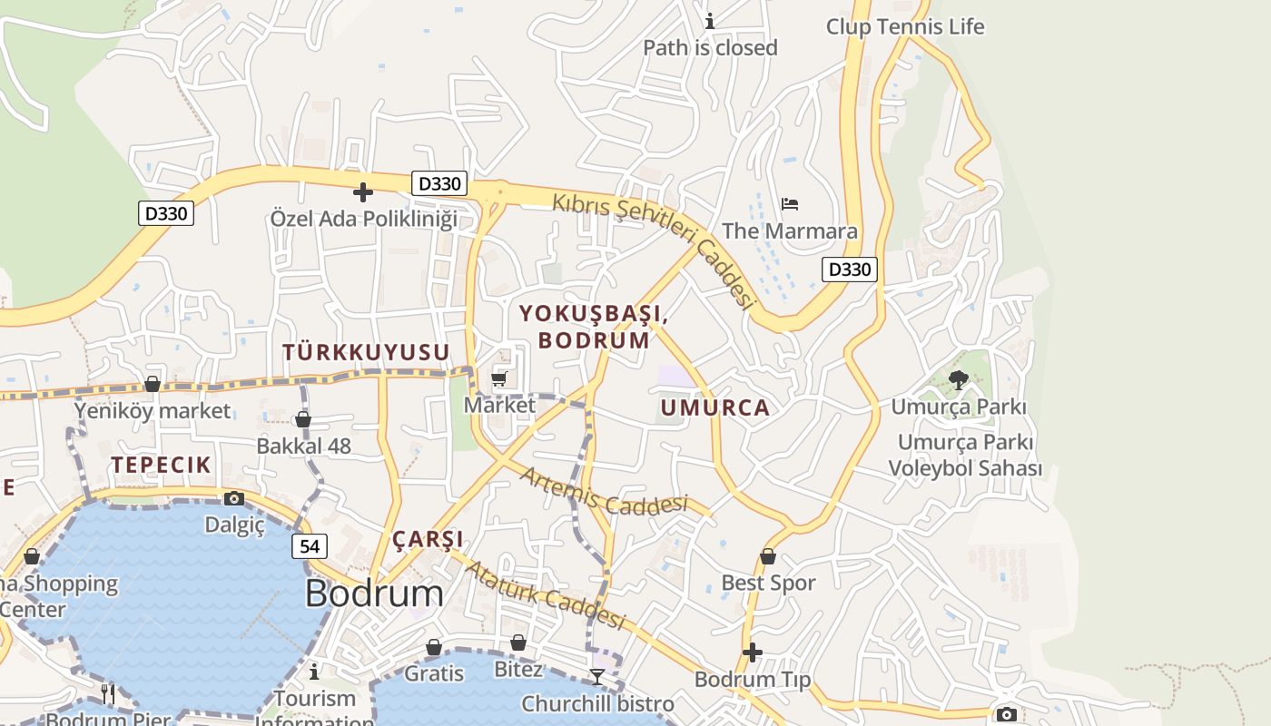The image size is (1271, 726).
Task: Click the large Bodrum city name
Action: pyautogui.click(x=374, y=594)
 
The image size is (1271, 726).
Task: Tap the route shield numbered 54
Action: pyautogui.click(x=310, y=545)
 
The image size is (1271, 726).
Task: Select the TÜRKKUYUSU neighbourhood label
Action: pyautogui.click(x=366, y=352)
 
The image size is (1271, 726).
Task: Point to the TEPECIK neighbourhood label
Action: pyautogui.click(x=162, y=465)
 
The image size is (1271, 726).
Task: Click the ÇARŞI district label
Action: pyautogui.click(x=428, y=539)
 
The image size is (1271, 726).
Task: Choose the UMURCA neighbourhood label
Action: pyautogui.click(x=715, y=407)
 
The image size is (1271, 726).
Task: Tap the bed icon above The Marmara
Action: pyautogui.click(x=790, y=203)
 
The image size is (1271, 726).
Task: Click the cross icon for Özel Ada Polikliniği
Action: pyautogui.click(x=363, y=192)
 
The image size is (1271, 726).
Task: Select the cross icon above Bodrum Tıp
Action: pyautogui.click(x=752, y=652)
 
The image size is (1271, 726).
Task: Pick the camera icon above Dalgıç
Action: pyautogui.click(x=234, y=498)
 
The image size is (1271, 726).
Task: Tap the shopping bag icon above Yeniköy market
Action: pyautogui.click(x=153, y=385)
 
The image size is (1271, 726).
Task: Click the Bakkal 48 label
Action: pyautogui.click(x=303, y=446)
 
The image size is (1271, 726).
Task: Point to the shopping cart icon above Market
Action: pyautogui.click(x=498, y=378)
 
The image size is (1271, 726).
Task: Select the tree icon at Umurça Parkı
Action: pyautogui.click(x=958, y=379)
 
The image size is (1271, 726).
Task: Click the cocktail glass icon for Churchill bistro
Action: pyautogui.click(x=596, y=676)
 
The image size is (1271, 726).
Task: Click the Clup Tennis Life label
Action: pyautogui.click(x=904, y=26)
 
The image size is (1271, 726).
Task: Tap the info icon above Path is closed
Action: pyautogui.click(x=710, y=21)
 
